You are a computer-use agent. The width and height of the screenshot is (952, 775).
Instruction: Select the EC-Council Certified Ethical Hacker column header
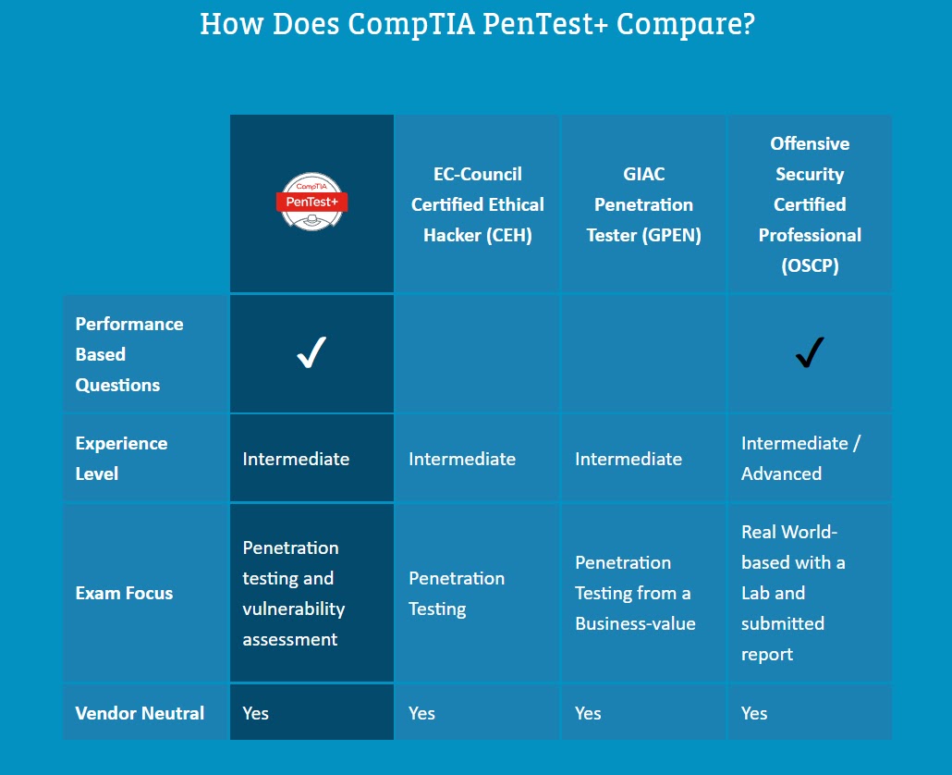click(x=477, y=204)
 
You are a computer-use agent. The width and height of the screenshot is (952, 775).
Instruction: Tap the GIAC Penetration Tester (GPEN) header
click(x=643, y=204)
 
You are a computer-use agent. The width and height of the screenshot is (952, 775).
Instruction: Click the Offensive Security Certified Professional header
click(x=810, y=204)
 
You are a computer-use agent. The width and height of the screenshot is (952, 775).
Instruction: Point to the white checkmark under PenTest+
click(x=311, y=353)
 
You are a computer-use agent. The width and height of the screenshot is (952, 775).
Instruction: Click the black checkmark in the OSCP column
click(x=810, y=352)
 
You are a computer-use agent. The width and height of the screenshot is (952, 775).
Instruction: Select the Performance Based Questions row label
click(x=129, y=354)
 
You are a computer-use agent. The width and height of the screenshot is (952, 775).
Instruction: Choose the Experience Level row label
click(x=121, y=458)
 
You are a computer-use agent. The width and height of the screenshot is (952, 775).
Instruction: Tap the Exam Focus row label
click(x=124, y=593)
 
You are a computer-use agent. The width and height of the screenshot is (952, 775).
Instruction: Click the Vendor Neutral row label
click(x=140, y=713)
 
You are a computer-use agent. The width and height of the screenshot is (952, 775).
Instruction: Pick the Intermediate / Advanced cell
click(x=800, y=458)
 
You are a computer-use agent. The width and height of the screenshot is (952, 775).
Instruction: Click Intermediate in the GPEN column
click(x=629, y=459)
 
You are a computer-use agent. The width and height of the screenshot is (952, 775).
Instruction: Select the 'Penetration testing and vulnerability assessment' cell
click(x=294, y=593)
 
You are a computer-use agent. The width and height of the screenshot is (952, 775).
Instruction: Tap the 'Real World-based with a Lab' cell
click(x=793, y=593)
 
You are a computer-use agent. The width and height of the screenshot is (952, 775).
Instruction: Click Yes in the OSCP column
click(x=754, y=713)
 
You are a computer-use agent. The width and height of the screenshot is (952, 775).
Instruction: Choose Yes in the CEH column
click(x=421, y=713)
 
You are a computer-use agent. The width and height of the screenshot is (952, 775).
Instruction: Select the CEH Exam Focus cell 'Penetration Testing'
click(x=457, y=593)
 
